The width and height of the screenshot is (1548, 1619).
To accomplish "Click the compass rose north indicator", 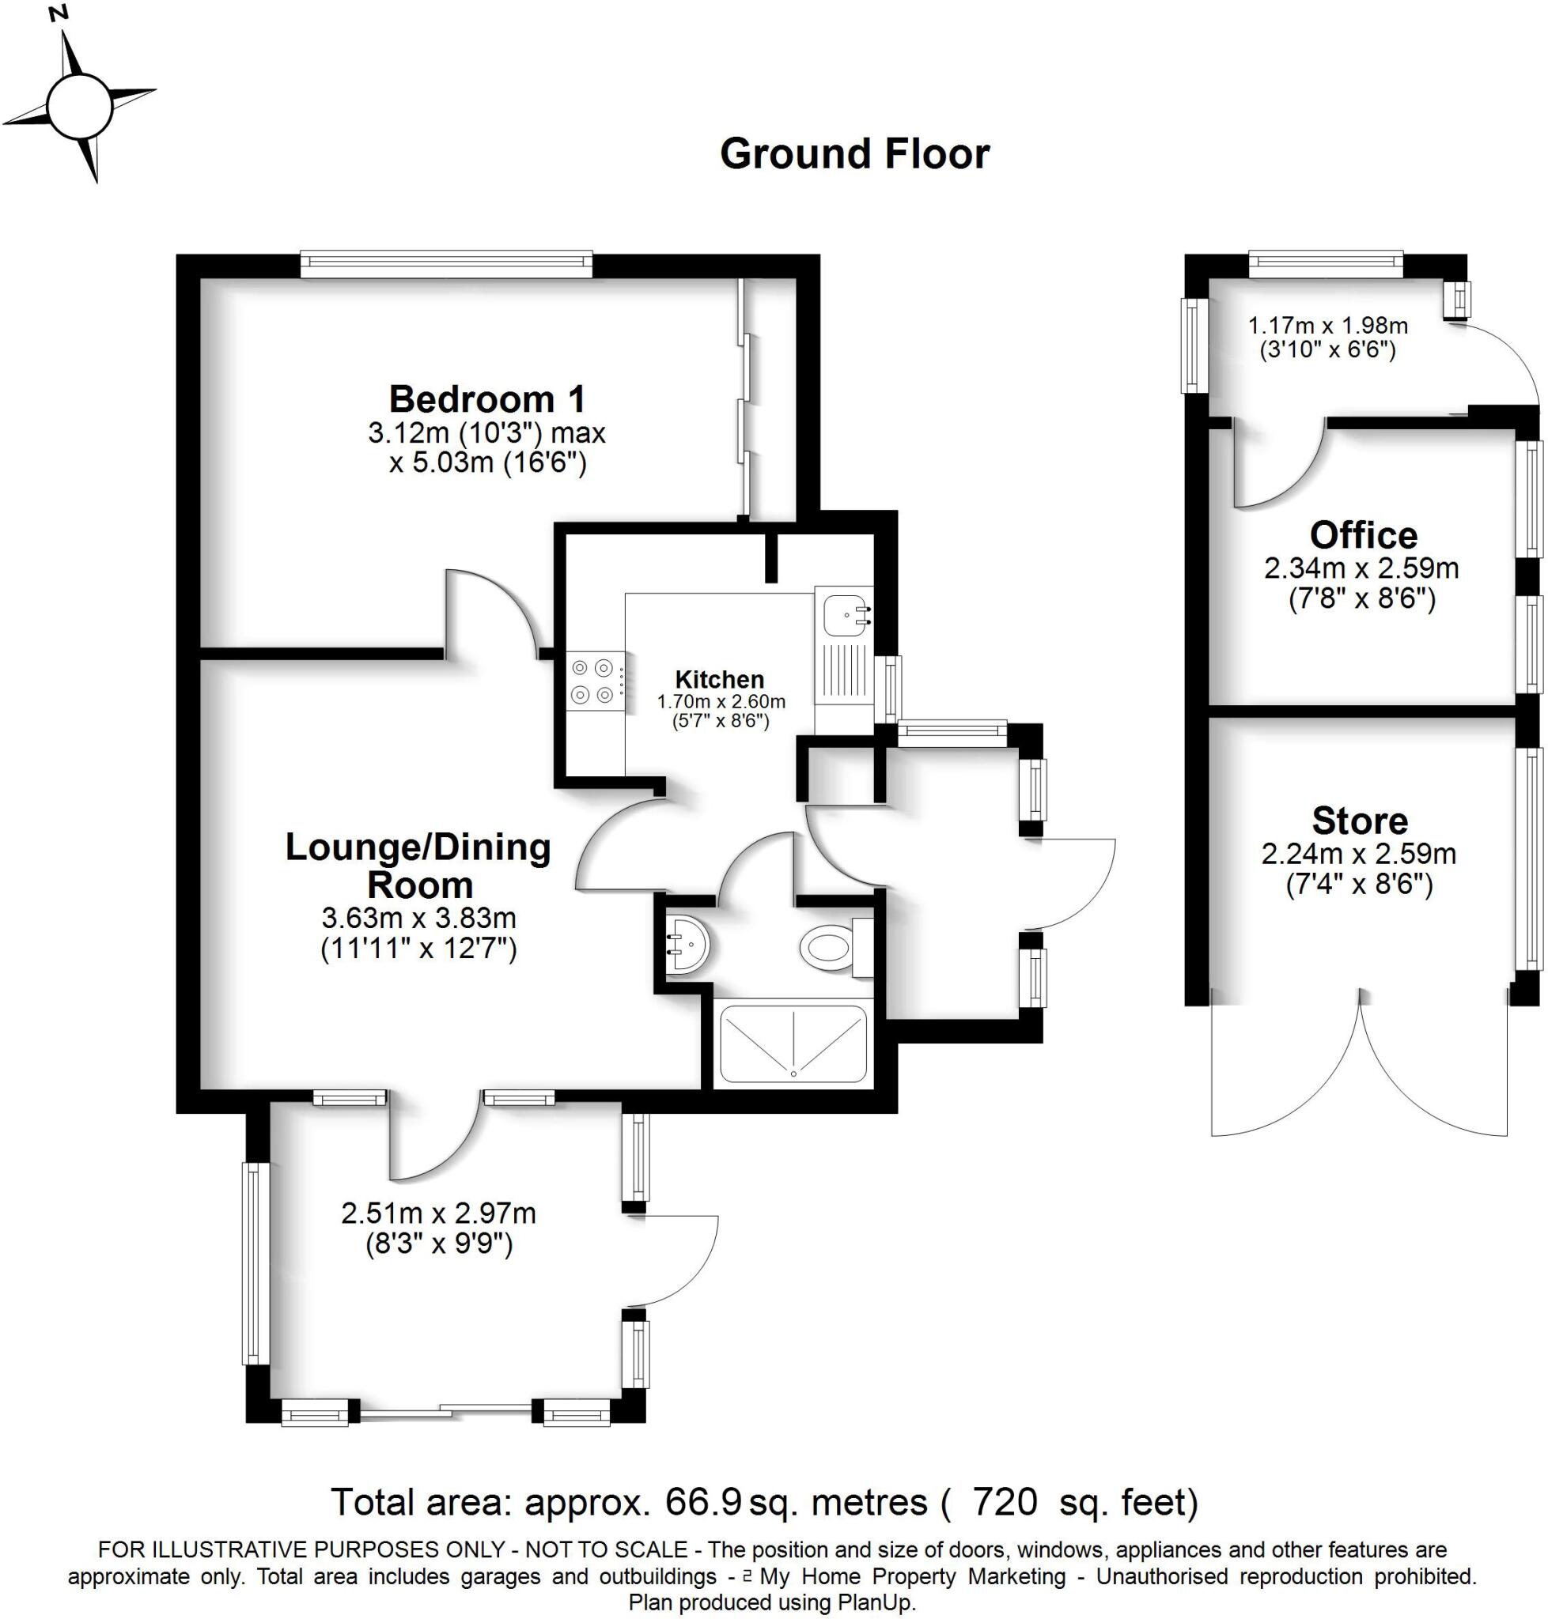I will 59,14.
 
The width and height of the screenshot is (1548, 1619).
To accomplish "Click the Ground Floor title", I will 854,154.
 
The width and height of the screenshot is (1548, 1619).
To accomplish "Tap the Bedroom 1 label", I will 486,399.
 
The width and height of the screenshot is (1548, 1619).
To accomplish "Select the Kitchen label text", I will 719,680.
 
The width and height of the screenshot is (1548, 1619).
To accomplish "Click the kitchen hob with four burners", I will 593,681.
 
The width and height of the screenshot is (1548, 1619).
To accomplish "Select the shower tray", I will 793,1043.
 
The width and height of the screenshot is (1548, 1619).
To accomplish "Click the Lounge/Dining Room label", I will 418,865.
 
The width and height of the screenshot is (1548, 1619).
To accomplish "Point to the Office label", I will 1363,535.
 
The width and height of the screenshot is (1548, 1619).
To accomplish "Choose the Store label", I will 1359,821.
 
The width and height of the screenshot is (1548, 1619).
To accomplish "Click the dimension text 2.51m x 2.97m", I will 438,1213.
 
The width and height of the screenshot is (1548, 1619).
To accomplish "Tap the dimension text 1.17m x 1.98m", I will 1327,325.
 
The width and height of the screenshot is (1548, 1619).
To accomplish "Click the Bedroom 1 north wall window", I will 445,265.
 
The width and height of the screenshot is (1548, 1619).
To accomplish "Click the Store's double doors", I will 1358,1072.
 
